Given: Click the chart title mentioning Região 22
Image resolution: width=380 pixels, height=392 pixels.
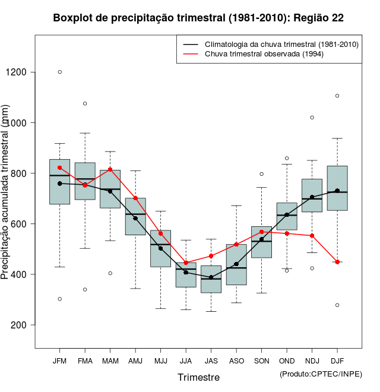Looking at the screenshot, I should point(198,18).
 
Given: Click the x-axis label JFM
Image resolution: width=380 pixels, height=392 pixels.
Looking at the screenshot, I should point(59,361).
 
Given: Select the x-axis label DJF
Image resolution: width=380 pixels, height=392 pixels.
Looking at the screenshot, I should point(337,361).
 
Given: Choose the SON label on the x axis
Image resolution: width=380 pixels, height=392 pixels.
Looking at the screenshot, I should point(261,361).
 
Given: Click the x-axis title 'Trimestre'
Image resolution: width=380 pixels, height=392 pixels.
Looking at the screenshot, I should point(198,377).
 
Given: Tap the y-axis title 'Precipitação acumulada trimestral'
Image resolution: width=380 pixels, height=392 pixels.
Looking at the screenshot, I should point(6,193).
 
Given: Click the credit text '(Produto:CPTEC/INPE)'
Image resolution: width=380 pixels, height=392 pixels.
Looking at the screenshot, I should point(321,374).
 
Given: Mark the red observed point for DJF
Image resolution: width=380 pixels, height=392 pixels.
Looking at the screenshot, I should point(337,262).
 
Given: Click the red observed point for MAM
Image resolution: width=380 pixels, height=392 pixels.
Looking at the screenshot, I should point(110,170).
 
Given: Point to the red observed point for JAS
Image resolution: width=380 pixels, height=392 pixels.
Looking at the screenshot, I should point(211,256).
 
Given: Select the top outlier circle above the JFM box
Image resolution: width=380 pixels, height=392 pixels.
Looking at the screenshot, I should point(59,72).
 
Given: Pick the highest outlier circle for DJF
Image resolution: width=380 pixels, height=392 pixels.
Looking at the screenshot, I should point(337,96).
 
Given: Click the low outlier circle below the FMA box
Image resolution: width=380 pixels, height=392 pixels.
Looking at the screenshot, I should point(85,289).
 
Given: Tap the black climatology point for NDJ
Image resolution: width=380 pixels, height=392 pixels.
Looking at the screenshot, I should point(312,197).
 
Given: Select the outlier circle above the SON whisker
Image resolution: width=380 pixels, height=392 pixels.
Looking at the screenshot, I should point(261,174).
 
